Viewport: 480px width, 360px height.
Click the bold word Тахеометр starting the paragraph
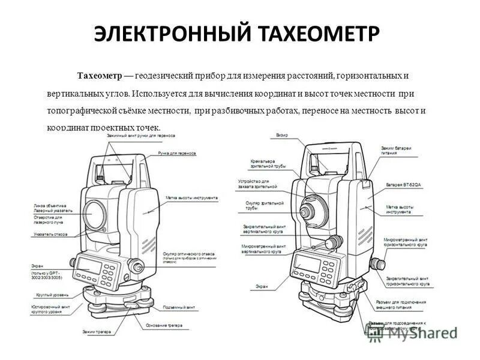[x=99, y=76]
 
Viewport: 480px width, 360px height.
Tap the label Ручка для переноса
[x=177, y=153]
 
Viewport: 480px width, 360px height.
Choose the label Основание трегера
[x=163, y=326]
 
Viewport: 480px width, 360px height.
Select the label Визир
[x=282, y=136]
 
